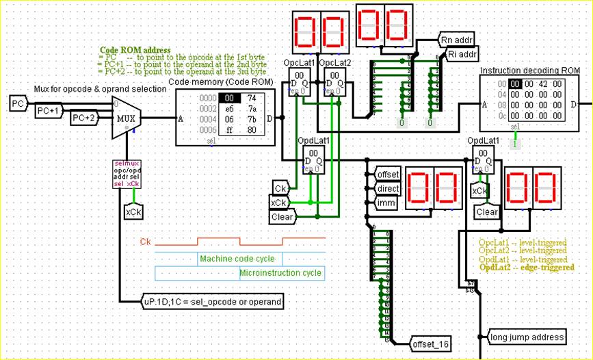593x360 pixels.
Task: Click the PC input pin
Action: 17,103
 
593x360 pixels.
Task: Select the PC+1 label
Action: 49,111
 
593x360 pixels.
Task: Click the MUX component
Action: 127,118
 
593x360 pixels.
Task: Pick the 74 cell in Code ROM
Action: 252,98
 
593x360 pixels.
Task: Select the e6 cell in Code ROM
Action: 228,108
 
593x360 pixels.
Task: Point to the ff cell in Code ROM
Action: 228,130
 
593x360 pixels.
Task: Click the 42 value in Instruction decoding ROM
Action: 542,83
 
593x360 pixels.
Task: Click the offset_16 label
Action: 430,343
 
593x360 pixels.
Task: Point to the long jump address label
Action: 528,337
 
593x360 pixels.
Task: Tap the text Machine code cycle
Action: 237,259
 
